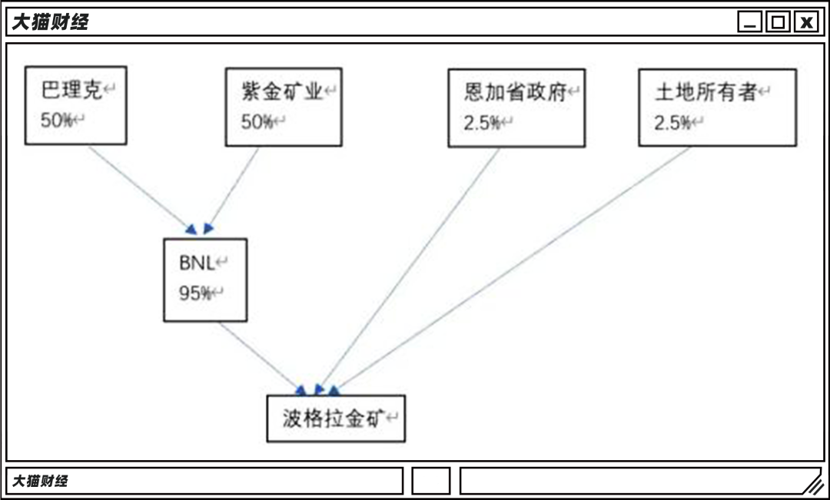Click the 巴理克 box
click(75, 105)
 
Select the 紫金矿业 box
click(283, 107)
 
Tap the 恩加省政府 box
click(516, 108)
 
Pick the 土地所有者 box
click(717, 108)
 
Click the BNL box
click(205, 280)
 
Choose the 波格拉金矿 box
click(336, 419)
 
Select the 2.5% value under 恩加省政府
click(482, 123)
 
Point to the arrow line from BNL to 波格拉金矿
click(257, 354)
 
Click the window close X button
click(806, 22)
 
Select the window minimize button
click(750, 22)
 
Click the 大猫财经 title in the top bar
click(50, 22)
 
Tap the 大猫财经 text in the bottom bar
click(39, 481)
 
